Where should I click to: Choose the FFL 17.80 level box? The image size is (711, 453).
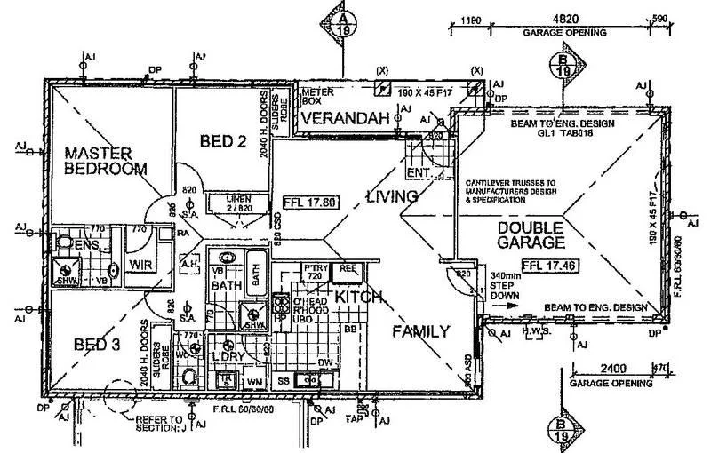click(x=309, y=202)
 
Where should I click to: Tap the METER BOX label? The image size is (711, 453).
click(x=317, y=97)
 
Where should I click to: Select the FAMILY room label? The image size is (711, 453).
click(x=421, y=331)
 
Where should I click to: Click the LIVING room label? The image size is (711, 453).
click(x=391, y=195)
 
